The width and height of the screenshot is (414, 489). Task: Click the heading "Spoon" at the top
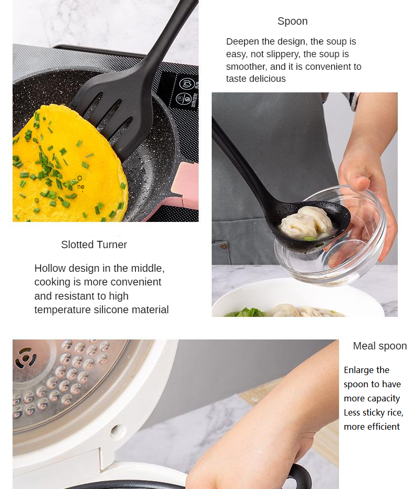(292, 21)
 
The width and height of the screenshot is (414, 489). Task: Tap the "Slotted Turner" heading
(94, 244)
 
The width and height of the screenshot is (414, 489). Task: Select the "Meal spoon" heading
(380, 346)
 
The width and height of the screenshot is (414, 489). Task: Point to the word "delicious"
(267, 79)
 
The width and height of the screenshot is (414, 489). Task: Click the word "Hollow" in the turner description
(50, 268)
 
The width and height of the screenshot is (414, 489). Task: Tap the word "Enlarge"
(358, 370)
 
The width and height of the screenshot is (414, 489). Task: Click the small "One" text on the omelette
(80, 183)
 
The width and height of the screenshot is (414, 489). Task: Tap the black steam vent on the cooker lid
(26, 357)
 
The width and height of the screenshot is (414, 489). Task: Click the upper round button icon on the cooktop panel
(187, 84)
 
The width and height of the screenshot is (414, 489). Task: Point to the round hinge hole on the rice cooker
(116, 430)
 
